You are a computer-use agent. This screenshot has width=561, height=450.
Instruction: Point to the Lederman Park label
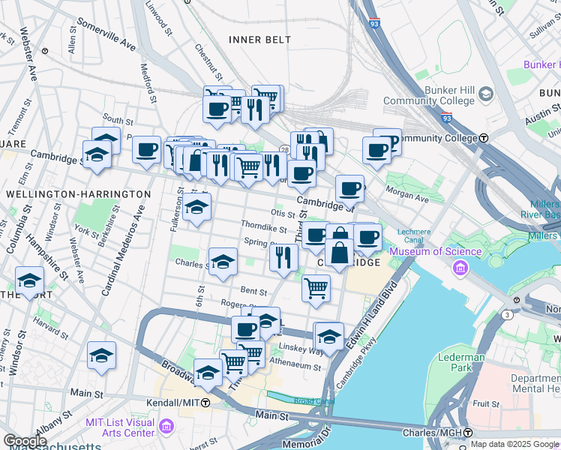coord(461,362)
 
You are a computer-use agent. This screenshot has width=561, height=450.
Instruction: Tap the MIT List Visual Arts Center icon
coord(166,427)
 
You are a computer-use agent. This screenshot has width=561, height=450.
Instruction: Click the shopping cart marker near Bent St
coord(316,287)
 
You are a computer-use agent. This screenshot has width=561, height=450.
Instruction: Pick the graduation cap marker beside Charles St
coord(223,262)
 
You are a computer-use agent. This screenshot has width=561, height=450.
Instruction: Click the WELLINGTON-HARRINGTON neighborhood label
coord(78,194)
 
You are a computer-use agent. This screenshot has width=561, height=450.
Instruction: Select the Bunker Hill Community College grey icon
coord(486,94)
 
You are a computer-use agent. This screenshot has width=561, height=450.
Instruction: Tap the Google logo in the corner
coord(25,441)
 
